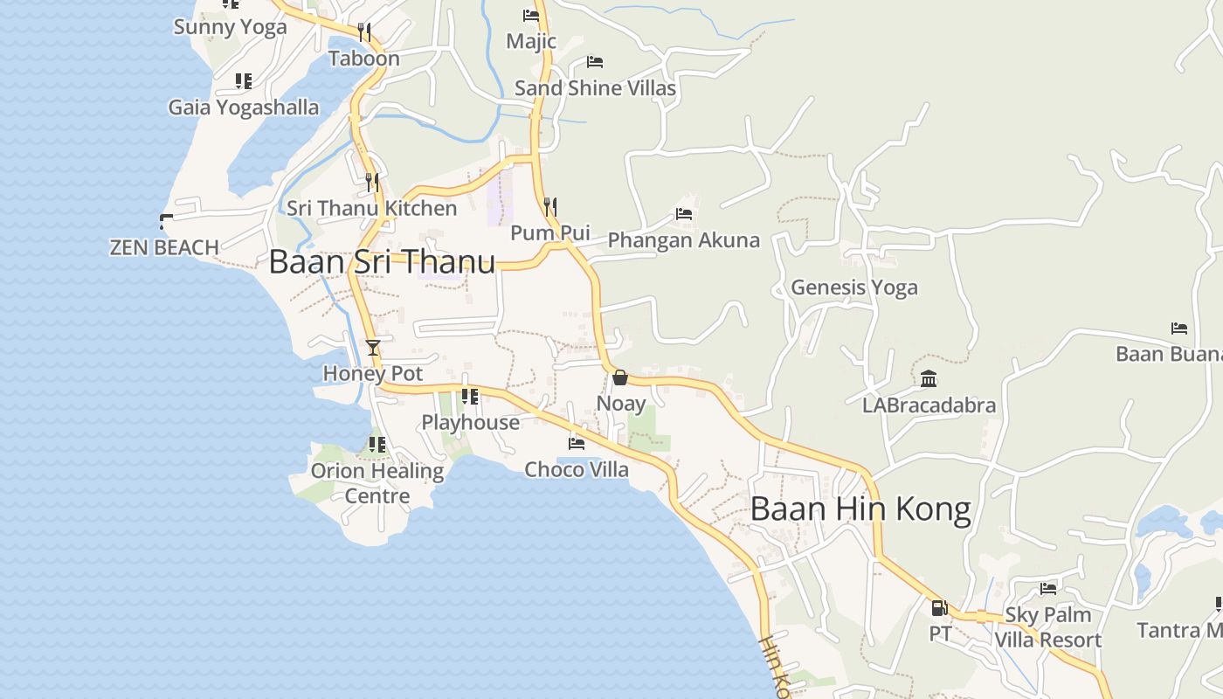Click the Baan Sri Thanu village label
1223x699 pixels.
click(382, 262)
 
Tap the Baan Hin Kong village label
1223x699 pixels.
click(860, 509)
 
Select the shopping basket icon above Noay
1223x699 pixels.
click(619, 377)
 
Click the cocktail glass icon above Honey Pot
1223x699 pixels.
click(373, 348)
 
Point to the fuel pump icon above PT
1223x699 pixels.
click(939, 608)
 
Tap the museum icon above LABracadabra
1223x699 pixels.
click(929, 379)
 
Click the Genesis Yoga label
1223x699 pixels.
click(854, 287)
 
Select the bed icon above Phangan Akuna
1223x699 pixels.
click(684, 213)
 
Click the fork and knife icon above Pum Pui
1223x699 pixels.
click(550, 207)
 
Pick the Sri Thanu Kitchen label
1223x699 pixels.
click(372, 209)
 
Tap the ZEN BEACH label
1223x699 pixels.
click(164, 248)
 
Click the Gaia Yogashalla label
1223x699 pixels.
click(244, 107)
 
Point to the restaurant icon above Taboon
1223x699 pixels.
click(364, 32)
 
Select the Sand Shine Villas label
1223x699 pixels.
click(595, 88)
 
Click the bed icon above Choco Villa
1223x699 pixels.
click(577, 443)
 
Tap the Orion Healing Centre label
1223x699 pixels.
click(377, 483)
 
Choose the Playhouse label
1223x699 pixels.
click(470, 423)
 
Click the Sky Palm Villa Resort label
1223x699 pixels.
click(1048, 627)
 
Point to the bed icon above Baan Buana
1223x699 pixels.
click(1179, 329)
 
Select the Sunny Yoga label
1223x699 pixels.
click(230, 27)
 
